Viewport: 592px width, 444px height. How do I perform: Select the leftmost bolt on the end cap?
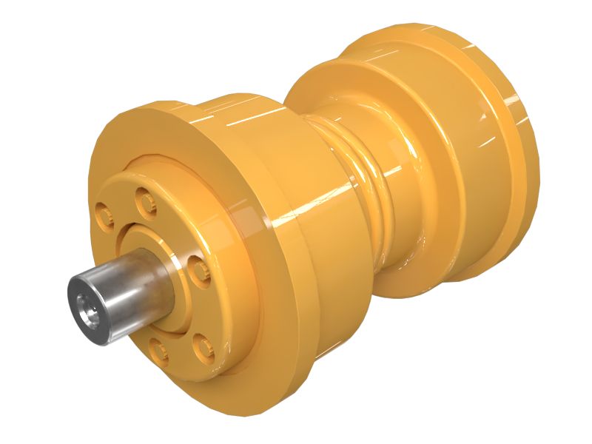click(104, 215)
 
